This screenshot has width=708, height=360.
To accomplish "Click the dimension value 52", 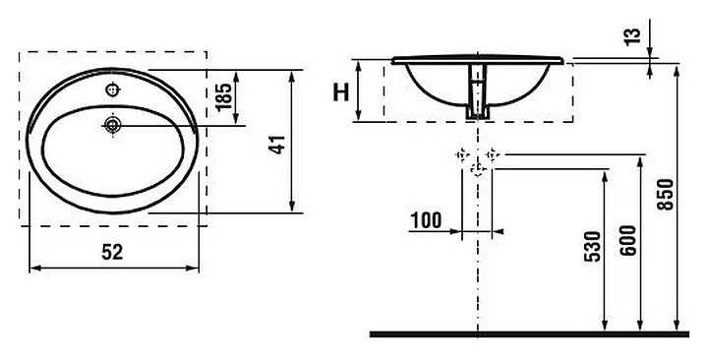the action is click(x=112, y=252).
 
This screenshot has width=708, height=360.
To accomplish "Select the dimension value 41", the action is click(x=277, y=144).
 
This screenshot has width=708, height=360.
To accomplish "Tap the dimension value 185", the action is click(x=224, y=96).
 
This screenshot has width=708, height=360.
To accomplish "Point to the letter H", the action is click(x=341, y=92).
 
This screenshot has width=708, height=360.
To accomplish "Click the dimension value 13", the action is click(x=633, y=35).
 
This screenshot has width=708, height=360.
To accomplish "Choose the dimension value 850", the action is click(x=665, y=195).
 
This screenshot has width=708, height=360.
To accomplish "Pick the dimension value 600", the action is click(x=627, y=240).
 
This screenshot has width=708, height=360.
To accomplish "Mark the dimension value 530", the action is click(x=593, y=246).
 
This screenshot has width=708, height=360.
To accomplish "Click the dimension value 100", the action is click(x=426, y=220).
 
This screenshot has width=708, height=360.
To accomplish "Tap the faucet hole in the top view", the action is click(x=113, y=90).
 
